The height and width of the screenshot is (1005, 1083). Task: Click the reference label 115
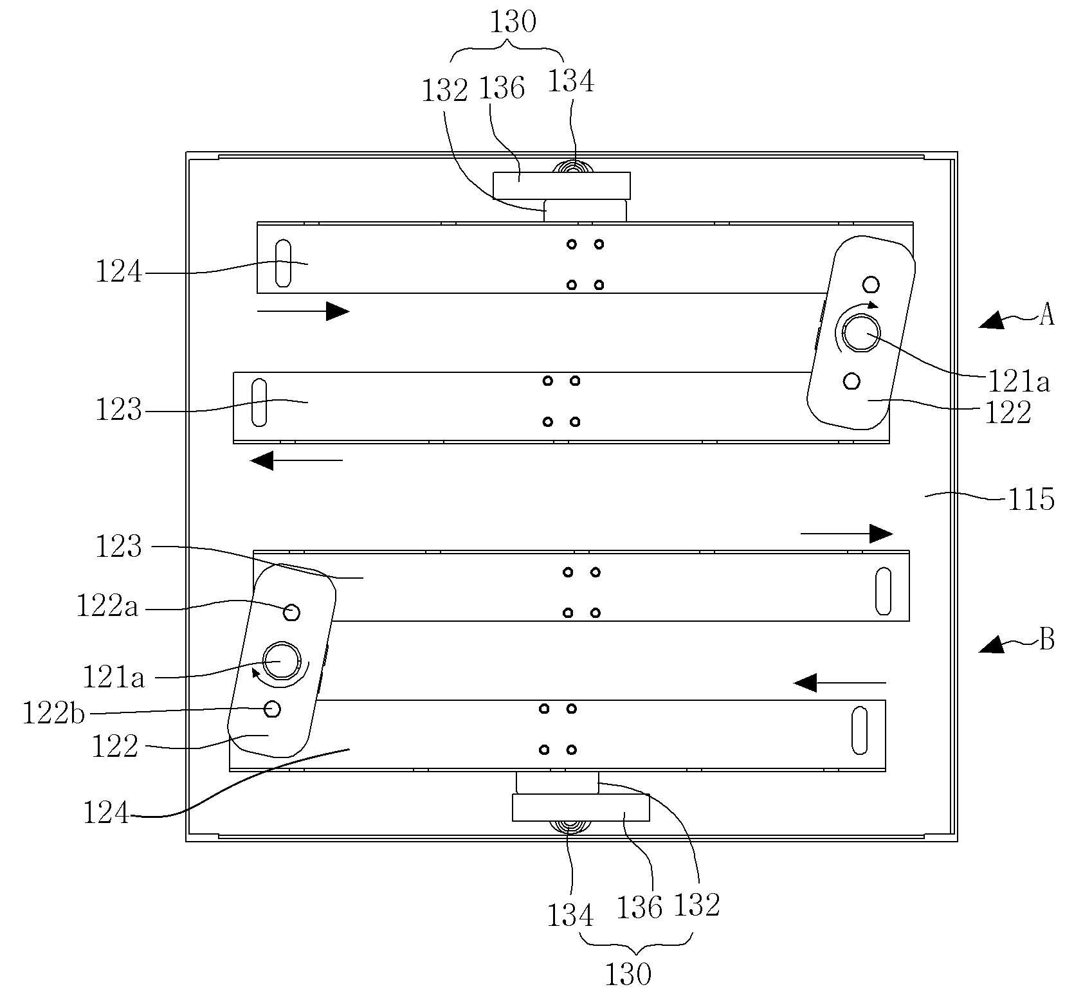[x=1031, y=499]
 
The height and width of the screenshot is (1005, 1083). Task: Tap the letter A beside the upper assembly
[x=1047, y=315]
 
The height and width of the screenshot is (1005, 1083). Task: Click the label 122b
[x=53, y=713]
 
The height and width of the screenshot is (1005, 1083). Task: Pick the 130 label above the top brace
[x=513, y=23]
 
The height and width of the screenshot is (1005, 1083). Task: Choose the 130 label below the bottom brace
[x=628, y=975]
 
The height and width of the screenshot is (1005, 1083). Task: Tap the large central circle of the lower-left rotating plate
[x=282, y=660]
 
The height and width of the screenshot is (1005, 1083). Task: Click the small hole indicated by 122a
[x=291, y=613]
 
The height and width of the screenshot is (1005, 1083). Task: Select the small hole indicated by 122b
[x=273, y=708]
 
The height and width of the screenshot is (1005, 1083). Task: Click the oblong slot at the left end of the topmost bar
[x=282, y=263]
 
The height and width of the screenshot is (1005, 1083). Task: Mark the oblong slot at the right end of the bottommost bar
[x=859, y=730]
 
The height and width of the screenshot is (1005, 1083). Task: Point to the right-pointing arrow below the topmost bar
[x=303, y=311]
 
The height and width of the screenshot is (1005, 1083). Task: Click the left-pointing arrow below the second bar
[x=296, y=460]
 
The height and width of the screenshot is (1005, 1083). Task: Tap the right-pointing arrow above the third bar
[x=846, y=534]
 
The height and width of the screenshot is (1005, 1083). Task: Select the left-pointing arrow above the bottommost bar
[x=840, y=682]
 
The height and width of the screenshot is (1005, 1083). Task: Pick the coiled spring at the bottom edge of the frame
[x=568, y=827]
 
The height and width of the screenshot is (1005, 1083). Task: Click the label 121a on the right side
[x=1019, y=382]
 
